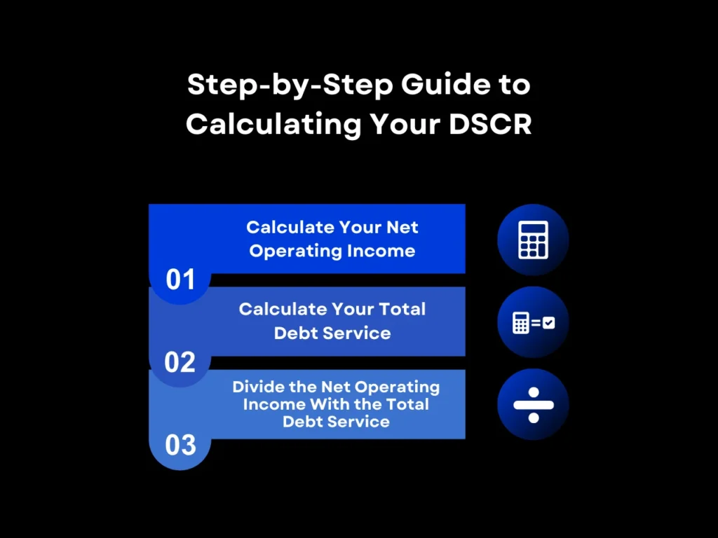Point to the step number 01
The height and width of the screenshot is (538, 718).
[180, 280]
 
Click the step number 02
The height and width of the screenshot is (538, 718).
[180, 362]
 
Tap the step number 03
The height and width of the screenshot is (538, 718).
[180, 445]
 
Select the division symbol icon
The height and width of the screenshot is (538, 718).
[533, 405]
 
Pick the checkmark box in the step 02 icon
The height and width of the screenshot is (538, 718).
[548, 323]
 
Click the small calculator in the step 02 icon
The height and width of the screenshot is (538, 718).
[520, 323]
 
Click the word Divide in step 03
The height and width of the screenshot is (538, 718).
[257, 387]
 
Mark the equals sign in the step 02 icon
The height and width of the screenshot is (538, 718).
[535, 323]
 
